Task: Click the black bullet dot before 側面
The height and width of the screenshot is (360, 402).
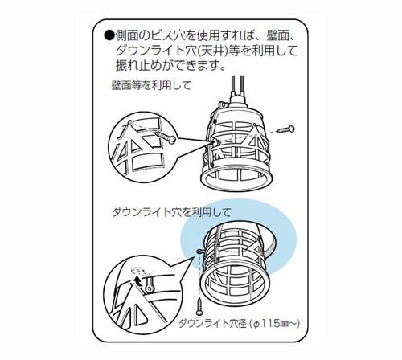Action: point(109,36)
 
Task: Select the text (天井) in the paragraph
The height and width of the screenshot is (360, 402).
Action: point(212,51)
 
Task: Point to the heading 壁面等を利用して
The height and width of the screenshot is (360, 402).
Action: point(151,86)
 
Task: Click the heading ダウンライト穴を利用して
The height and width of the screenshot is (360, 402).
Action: point(171,212)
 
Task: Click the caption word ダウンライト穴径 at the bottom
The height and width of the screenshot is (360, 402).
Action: point(212,324)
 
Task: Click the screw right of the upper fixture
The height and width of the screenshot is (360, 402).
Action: point(286,129)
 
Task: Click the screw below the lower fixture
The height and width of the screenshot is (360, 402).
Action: point(199,306)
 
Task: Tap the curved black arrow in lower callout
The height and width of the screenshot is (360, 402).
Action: point(138,281)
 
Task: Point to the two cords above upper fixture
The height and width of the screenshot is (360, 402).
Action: point(238,85)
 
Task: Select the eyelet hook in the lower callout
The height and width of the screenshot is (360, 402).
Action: point(148,285)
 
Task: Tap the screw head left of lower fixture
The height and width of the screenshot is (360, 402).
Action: point(199,251)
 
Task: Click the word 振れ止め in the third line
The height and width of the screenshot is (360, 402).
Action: point(141,66)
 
